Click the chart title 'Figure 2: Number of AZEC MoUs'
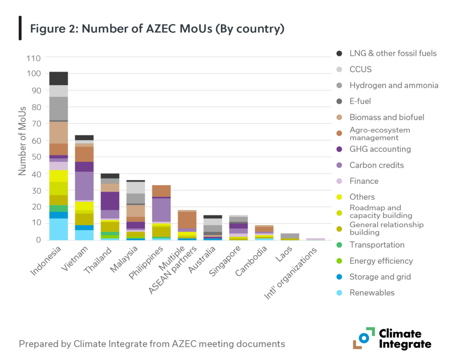(x=157, y=29)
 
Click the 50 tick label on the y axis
(x=35, y=157)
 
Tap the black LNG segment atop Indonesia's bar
(x=58, y=78)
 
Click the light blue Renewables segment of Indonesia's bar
(x=58, y=229)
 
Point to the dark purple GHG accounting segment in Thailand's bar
(x=109, y=201)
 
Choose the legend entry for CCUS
(x=360, y=69)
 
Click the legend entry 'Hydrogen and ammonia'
(x=394, y=85)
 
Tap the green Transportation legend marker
(x=339, y=245)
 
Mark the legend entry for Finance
(x=364, y=181)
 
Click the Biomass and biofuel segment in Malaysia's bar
(x=135, y=211)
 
